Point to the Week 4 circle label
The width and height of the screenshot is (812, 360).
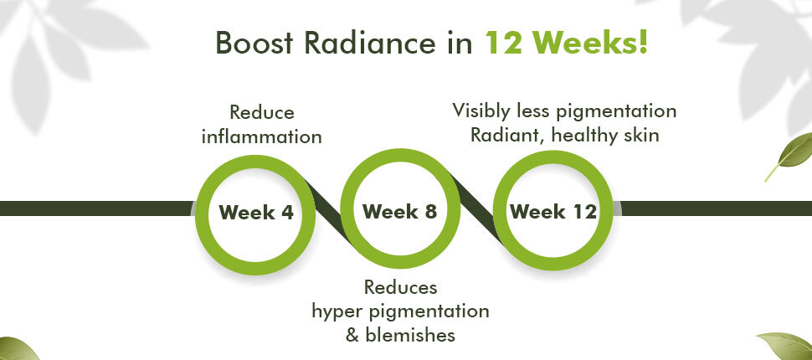click(x=256, y=213)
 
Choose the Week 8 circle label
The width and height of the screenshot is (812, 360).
click(x=399, y=211)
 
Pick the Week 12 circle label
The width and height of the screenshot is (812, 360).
click(x=553, y=211)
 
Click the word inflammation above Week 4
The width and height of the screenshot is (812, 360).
click(x=261, y=136)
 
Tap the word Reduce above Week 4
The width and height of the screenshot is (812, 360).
click(x=261, y=112)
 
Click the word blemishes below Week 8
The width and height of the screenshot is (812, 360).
click(x=410, y=335)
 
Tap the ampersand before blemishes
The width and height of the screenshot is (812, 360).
click(x=352, y=335)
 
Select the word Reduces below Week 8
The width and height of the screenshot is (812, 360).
click(x=400, y=287)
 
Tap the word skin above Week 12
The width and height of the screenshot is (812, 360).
click(x=643, y=135)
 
